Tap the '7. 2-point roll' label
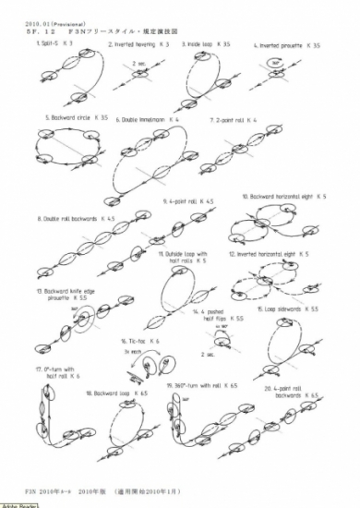click(x=230, y=120)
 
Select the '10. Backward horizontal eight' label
click(x=282, y=197)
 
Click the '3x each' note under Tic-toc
click(x=132, y=352)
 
